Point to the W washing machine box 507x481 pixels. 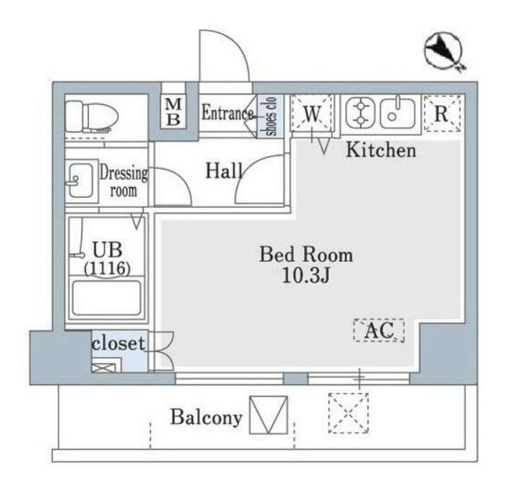[311, 113]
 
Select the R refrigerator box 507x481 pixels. [442, 113]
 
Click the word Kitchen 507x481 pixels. [381, 151]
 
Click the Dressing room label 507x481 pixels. [123, 182]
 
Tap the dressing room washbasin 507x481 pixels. [78, 181]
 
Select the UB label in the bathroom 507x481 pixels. [106, 251]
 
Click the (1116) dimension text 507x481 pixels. [106, 269]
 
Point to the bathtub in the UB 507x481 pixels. [106, 298]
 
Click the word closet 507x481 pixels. [118, 343]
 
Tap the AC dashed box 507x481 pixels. [379, 331]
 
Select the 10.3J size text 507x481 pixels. [305, 276]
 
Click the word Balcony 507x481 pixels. [206, 417]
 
